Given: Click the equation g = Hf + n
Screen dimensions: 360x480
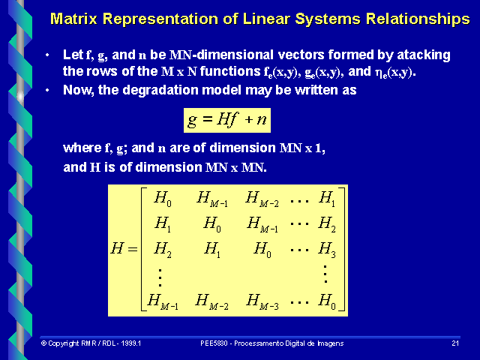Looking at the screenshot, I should (x=227, y=119).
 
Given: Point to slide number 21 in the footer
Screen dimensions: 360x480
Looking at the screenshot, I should (x=455, y=343).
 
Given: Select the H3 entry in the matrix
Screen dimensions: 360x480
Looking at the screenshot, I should (x=327, y=250).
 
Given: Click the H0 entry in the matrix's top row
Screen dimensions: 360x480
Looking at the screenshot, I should (x=163, y=199).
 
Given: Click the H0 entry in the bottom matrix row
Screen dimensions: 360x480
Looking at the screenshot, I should (x=327, y=301).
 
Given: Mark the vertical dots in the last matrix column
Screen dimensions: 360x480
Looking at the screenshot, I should (x=325, y=274).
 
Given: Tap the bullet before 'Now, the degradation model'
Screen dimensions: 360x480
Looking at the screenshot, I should (x=47, y=89).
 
